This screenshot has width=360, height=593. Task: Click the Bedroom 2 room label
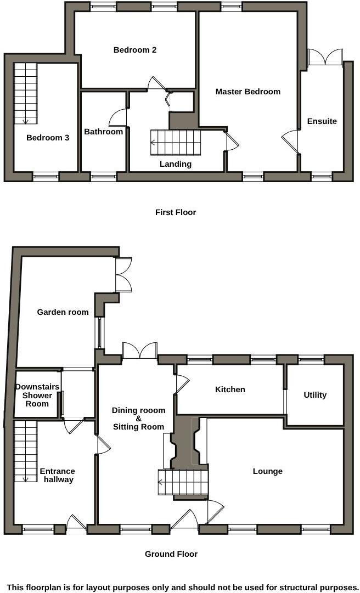135,50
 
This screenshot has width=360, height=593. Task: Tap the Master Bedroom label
248,92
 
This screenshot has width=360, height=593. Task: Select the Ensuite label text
322,121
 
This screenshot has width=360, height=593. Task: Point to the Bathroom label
103,132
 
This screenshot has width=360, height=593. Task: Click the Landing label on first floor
176,164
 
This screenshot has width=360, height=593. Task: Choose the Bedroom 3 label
48,138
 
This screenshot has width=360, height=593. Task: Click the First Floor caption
176,212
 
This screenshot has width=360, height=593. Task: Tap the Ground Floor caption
171,554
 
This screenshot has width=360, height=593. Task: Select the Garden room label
63,312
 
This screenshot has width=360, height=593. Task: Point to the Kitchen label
230,389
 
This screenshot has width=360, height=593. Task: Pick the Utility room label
315,395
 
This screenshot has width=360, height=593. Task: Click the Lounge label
268,471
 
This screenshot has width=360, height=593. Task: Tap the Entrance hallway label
57,475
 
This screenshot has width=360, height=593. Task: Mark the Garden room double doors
123,274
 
